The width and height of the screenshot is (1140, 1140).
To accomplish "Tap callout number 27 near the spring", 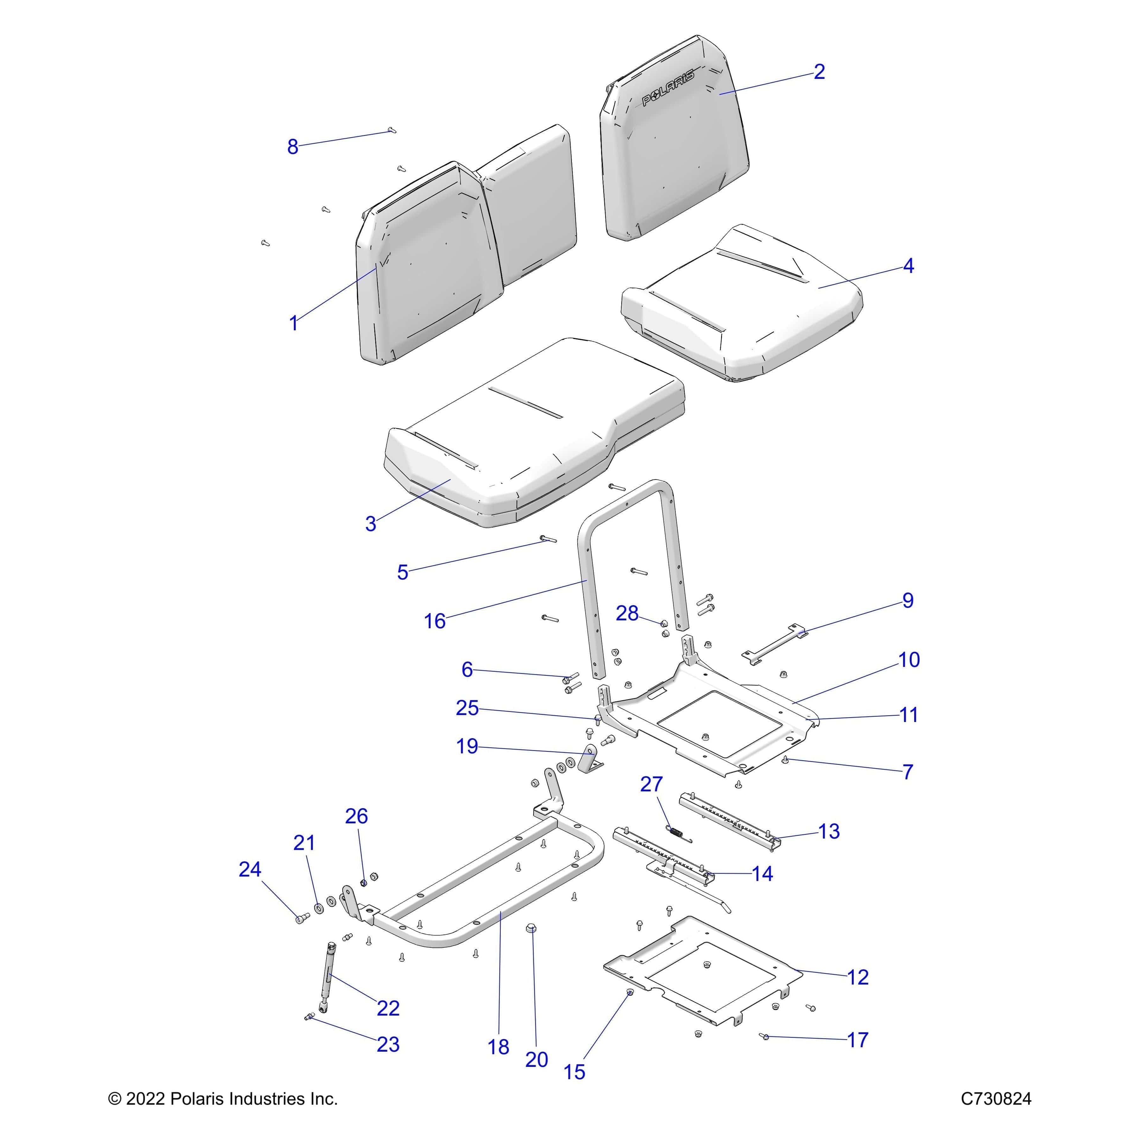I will click(651, 784).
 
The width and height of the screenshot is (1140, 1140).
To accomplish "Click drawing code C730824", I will click(996, 1099).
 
